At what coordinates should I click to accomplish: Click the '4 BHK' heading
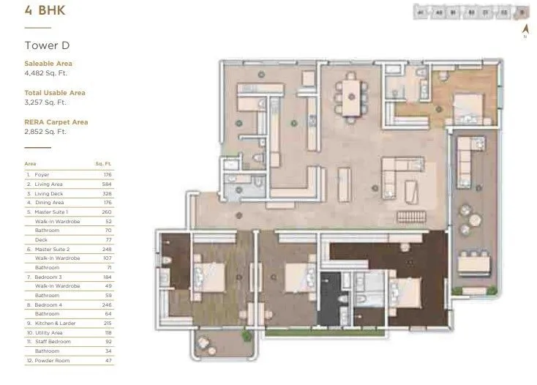click(40, 11)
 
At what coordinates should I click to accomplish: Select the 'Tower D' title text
click(47, 45)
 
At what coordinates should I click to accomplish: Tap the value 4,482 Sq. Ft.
click(45, 72)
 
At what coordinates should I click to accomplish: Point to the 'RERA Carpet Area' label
click(56, 122)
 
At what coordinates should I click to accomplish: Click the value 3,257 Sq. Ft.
click(45, 102)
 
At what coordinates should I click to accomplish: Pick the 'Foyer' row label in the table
click(42, 175)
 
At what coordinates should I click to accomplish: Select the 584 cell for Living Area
click(107, 184)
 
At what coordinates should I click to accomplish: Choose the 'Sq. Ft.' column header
click(104, 165)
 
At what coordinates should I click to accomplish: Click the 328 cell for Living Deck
click(107, 193)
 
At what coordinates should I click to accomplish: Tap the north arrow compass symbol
click(525, 30)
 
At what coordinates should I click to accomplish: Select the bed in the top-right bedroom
click(465, 108)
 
